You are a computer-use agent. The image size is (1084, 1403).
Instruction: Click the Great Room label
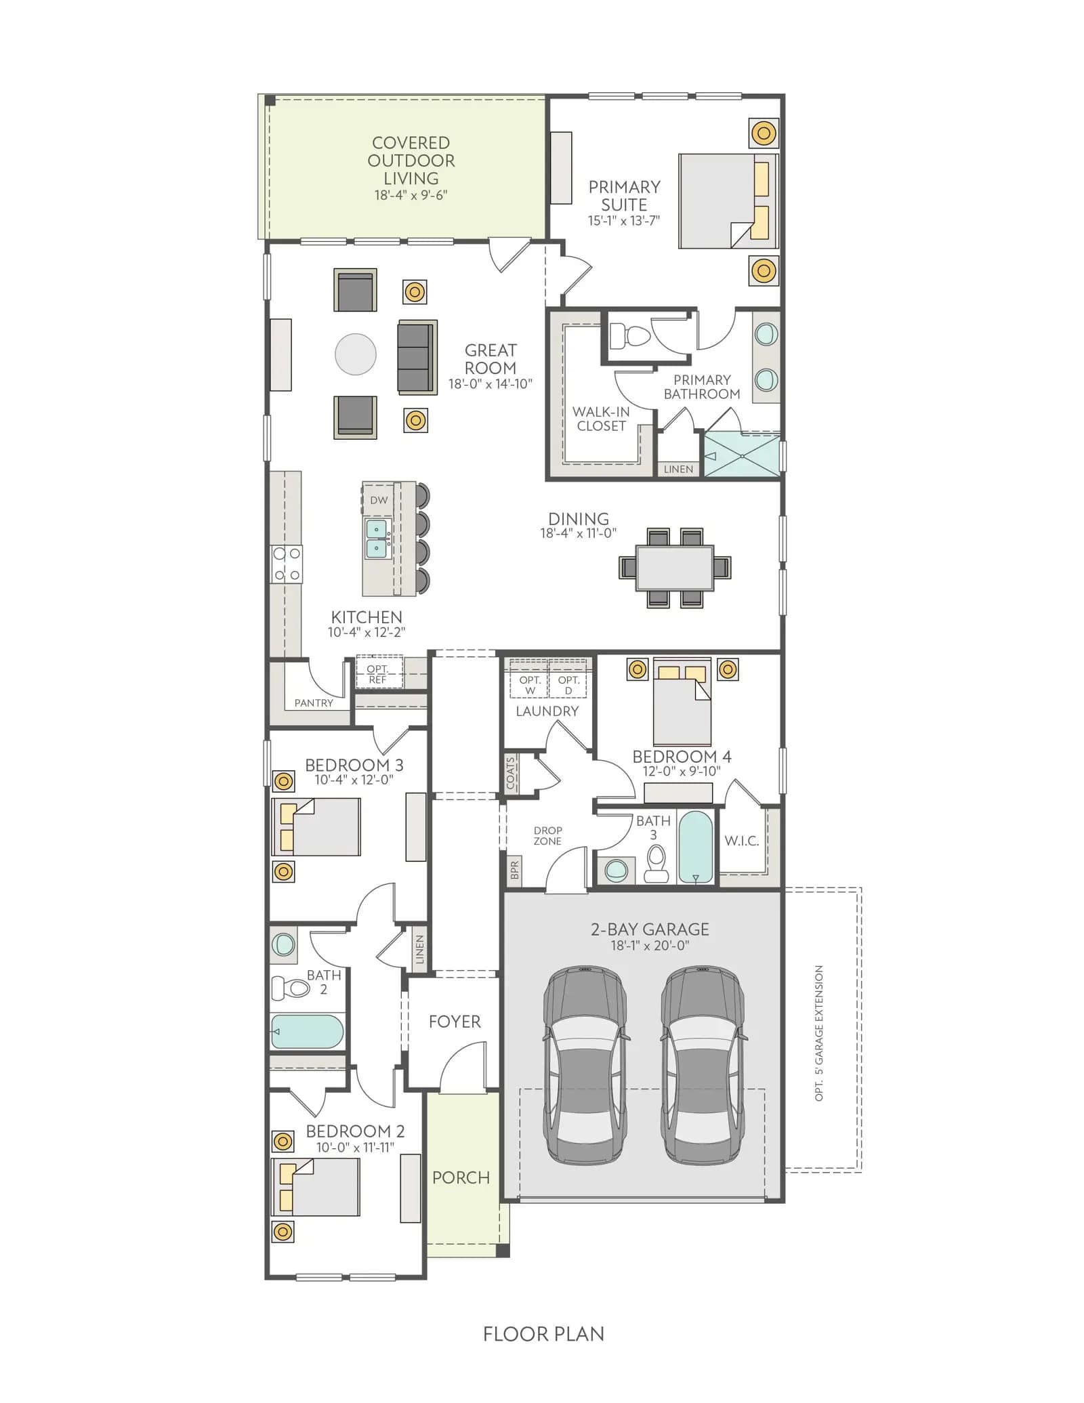491,359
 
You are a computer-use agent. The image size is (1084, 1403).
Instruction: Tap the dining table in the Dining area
675,568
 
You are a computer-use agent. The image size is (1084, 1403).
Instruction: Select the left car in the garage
585,1065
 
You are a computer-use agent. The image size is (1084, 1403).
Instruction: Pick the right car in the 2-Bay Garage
703,1065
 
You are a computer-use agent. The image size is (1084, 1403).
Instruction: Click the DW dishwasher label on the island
379,501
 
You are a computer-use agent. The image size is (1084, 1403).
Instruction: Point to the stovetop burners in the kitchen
287,564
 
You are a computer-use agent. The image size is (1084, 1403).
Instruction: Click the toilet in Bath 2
291,988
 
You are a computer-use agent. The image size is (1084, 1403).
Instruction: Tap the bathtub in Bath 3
696,847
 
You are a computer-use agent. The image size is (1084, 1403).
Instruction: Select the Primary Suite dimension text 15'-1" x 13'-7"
624,221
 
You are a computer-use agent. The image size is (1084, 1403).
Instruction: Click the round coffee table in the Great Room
356,354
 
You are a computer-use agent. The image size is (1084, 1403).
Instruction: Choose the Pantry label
314,703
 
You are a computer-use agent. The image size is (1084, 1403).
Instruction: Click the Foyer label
455,1022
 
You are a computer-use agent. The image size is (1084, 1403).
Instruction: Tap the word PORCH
461,1178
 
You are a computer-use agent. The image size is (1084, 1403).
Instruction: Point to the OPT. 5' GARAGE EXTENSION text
819,1034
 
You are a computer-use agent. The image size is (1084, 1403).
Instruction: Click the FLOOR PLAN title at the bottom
543,1335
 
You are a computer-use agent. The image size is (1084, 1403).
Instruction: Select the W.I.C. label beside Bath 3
742,841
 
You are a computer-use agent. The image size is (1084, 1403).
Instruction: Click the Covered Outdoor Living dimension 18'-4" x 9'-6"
411,195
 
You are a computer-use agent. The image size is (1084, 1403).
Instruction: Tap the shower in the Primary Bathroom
743,455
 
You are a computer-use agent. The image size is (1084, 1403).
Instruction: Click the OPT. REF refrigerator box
379,673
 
